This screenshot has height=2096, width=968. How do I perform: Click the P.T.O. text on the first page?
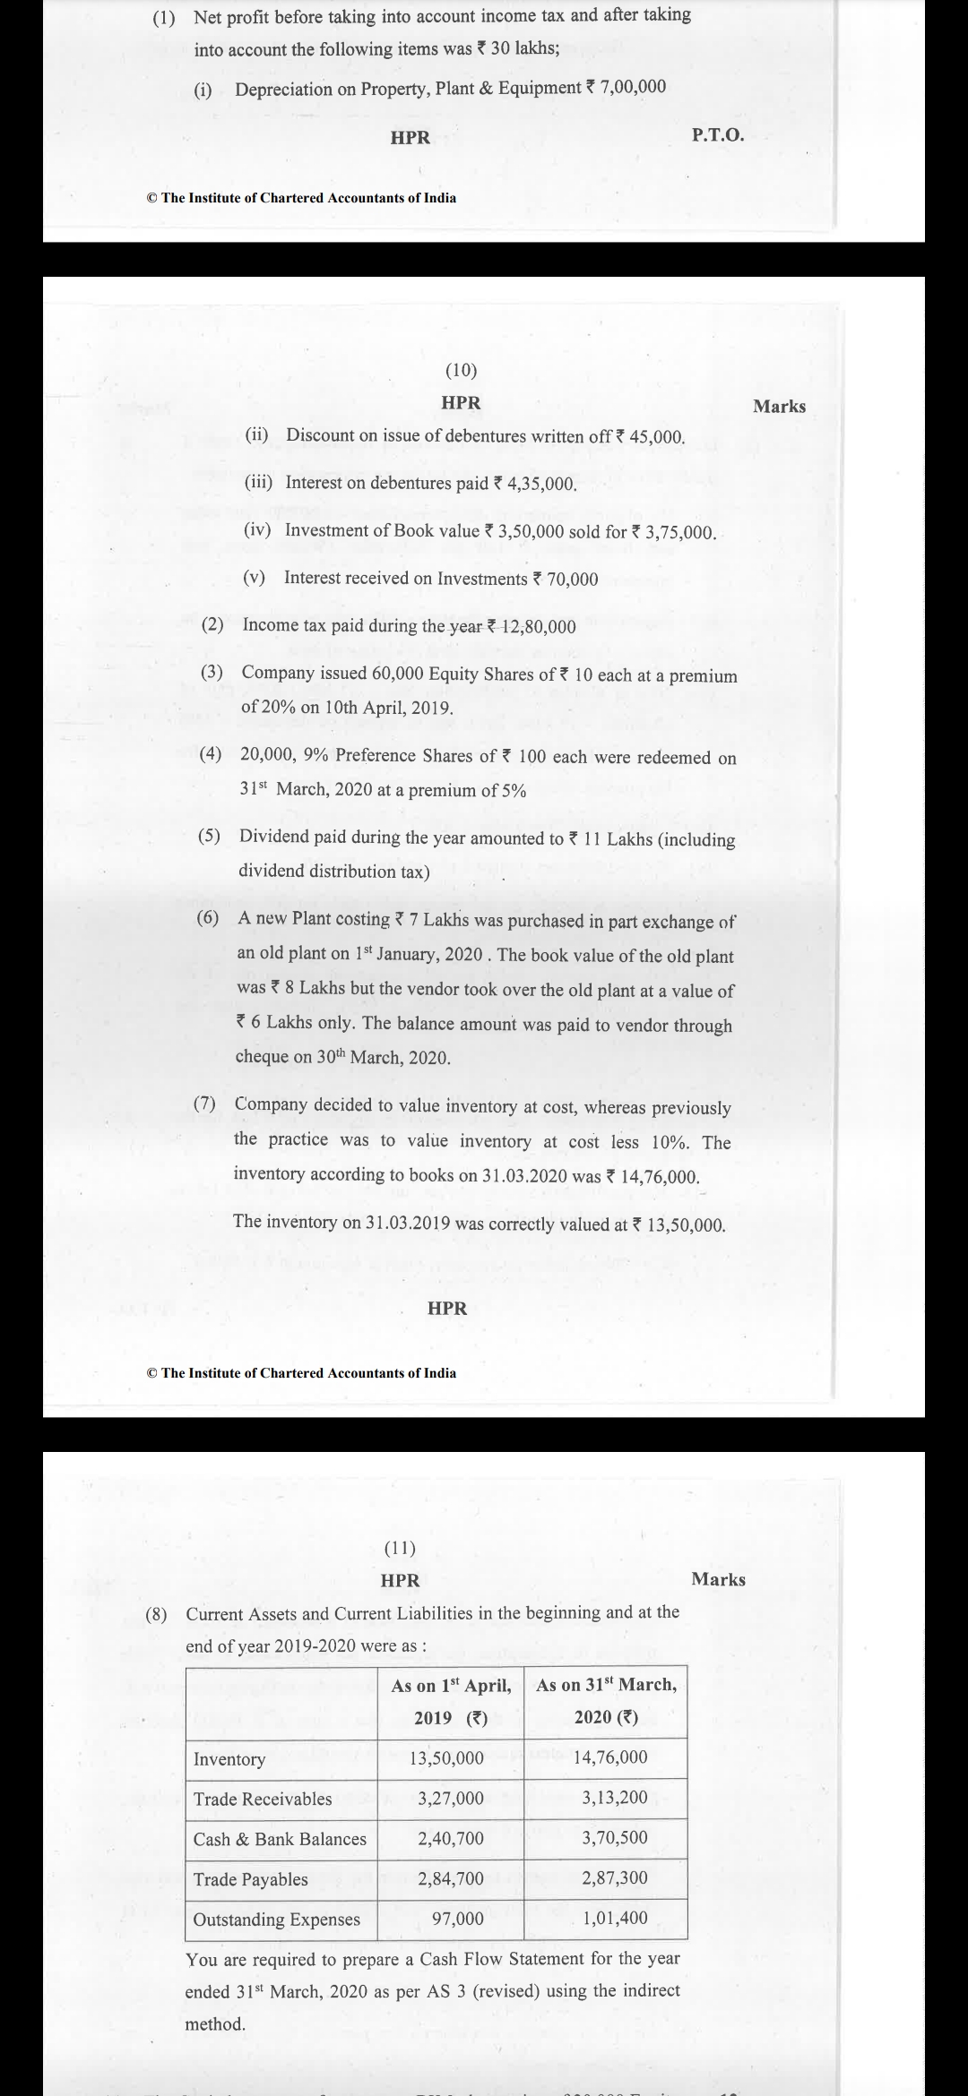[x=718, y=135]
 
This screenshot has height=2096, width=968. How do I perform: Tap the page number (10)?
[x=461, y=369]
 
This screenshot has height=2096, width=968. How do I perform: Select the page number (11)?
[x=400, y=1547]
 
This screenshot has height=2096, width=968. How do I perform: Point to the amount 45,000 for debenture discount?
[x=657, y=437]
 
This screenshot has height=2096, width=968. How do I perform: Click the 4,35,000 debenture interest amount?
[x=541, y=484]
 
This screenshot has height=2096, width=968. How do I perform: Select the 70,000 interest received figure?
[x=572, y=579]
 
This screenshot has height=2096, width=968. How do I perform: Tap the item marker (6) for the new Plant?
[x=208, y=918]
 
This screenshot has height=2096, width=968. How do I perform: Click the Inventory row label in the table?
[x=229, y=1759]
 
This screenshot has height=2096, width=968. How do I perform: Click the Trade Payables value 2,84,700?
[x=451, y=1879]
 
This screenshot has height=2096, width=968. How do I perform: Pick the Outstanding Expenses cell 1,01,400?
[x=615, y=1919]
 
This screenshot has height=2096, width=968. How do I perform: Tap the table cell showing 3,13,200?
[x=615, y=1798]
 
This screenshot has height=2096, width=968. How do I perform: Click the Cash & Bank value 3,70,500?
[x=615, y=1838]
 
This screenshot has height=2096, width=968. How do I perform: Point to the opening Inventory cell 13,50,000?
[x=446, y=1758]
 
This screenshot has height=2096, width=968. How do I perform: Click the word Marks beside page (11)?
[x=718, y=1579]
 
